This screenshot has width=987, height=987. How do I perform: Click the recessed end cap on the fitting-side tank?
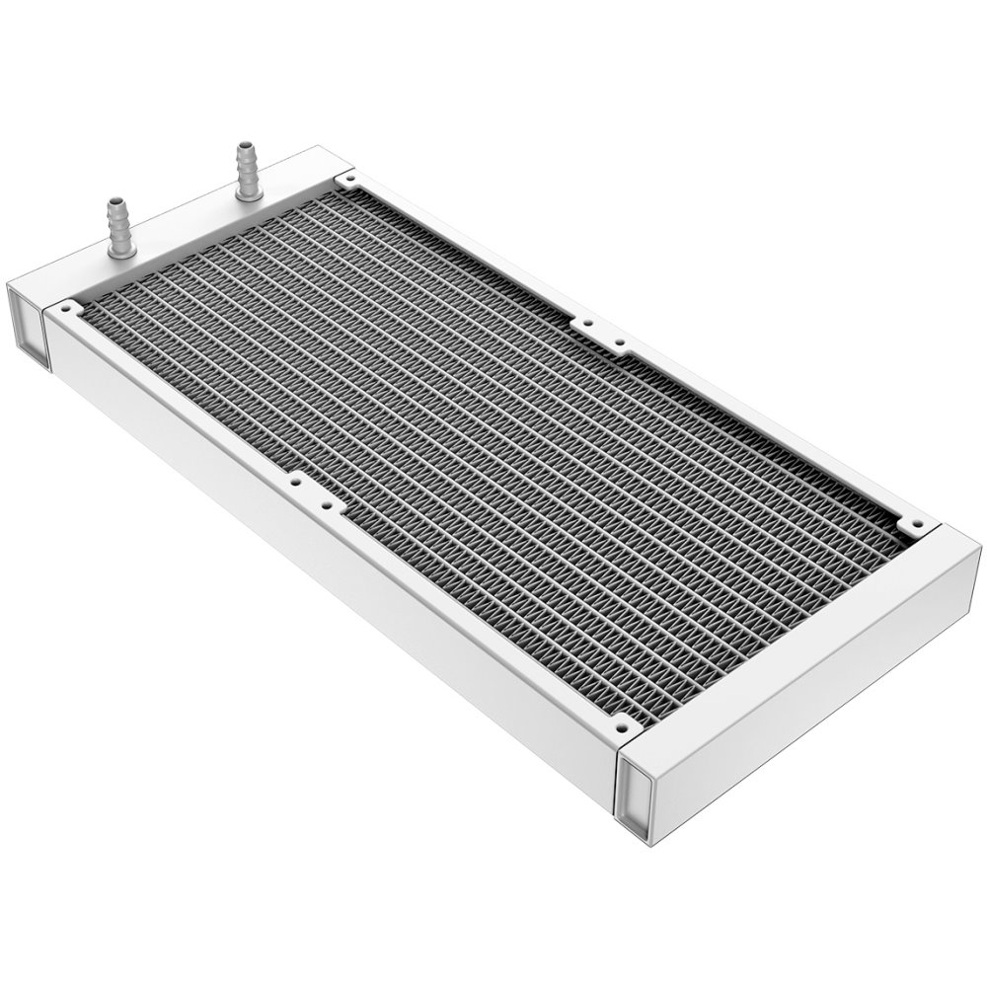click(x=29, y=326)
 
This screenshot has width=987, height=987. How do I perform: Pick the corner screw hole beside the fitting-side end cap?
click(x=65, y=309)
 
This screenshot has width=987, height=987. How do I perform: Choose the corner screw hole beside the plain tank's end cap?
click(x=622, y=728)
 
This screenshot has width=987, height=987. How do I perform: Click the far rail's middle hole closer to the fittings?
click(x=587, y=323)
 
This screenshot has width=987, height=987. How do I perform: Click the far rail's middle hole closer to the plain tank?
click(x=620, y=343)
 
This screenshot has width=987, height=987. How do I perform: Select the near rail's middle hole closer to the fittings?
click(x=294, y=484)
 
